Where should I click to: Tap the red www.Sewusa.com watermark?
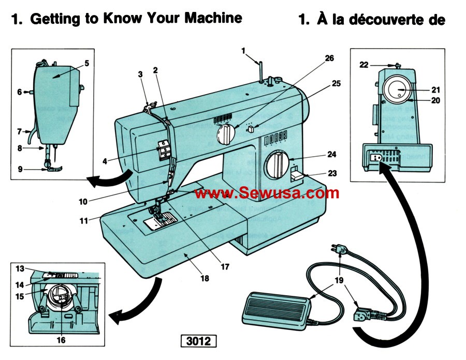coord(267,193)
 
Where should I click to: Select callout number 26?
coord(329,58)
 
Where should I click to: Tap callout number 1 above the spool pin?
coord(243,50)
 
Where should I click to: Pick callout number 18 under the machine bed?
coord(205,278)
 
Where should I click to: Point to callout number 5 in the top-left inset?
coord(86,63)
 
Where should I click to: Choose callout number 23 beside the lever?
coord(332,173)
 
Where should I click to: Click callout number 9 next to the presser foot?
coord(19,168)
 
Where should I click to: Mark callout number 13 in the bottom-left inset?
coord(20,268)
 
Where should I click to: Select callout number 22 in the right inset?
coord(364,65)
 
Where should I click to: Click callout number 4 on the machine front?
coord(105,161)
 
